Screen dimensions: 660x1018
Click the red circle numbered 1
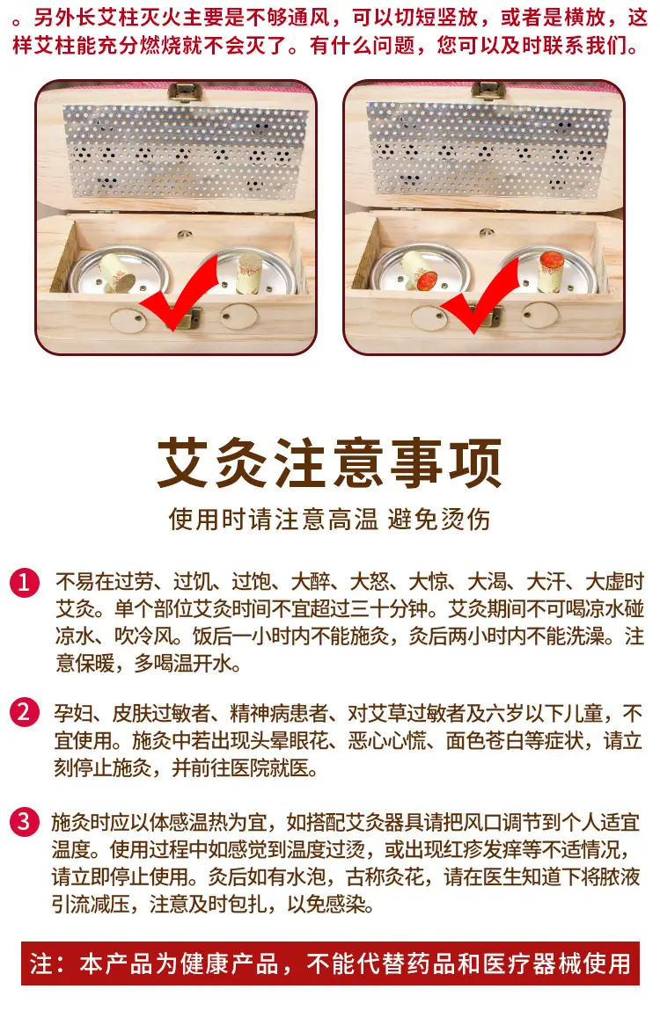pos(24,582)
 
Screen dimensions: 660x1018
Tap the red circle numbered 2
pos(24,713)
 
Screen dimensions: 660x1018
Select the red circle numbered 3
pos(24,822)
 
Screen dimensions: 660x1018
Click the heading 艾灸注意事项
pos(329,462)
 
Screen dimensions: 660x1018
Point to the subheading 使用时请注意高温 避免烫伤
pos(329,520)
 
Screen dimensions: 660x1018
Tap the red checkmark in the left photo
pos(180,294)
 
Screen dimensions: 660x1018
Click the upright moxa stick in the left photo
pos(249,273)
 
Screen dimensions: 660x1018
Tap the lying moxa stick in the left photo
pos(118,272)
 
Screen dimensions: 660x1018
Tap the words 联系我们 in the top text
pos(586,46)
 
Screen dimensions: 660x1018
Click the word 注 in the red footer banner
pos(40,963)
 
